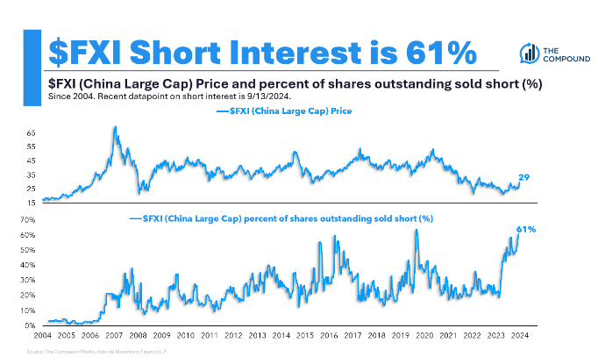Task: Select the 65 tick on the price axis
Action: pos(31,132)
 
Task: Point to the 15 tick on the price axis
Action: pos(31,203)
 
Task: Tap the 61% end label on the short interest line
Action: pos(526,229)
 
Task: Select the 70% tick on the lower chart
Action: pos(28,220)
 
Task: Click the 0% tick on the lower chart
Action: pos(29,325)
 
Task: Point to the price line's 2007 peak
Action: pos(115,128)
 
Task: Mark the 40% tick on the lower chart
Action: pos(28,265)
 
